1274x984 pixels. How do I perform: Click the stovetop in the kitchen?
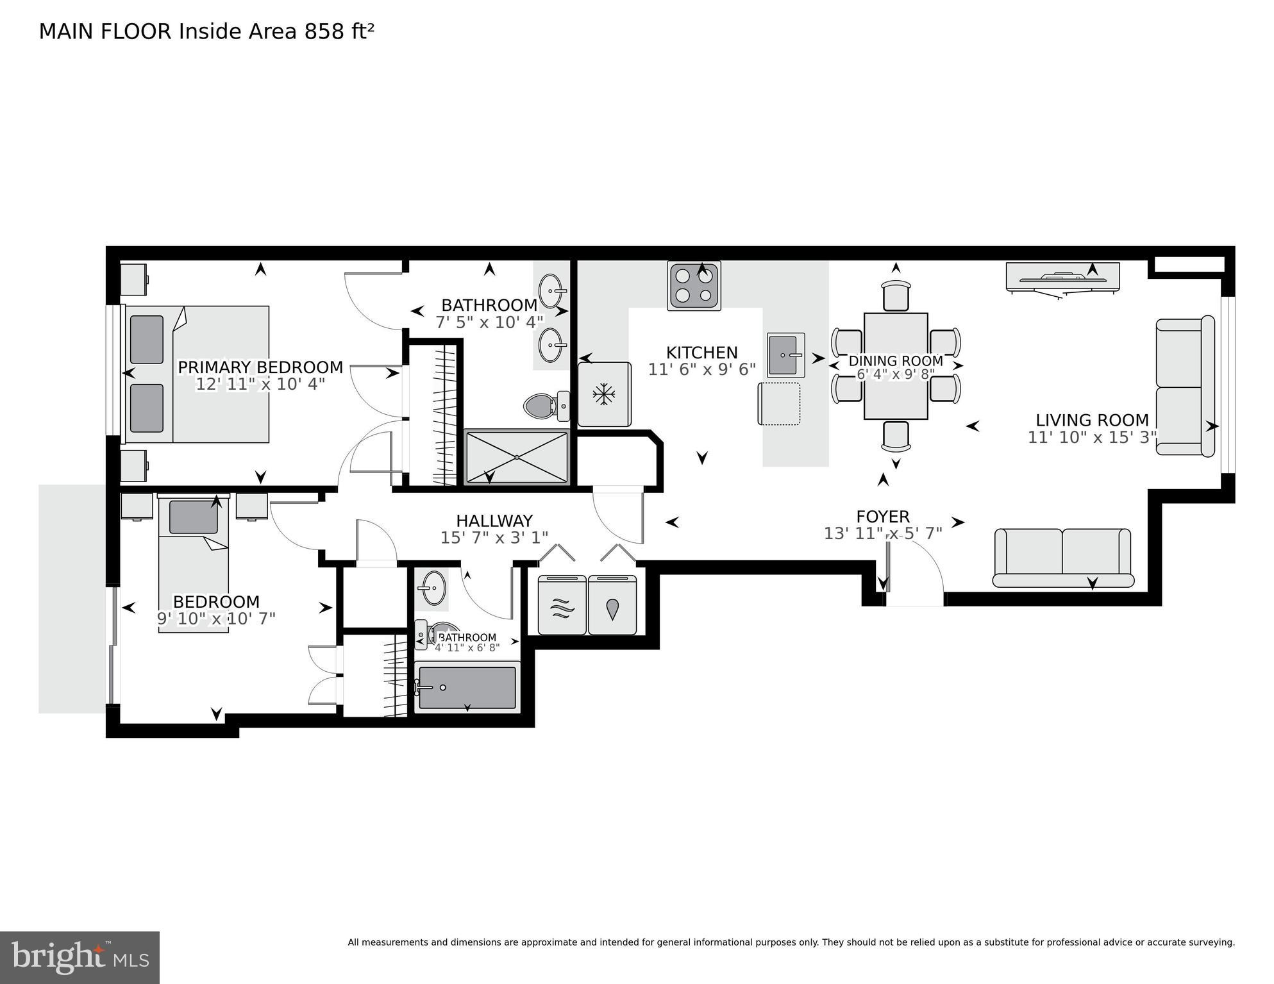click(x=694, y=285)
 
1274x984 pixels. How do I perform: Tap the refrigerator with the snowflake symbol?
click(x=603, y=394)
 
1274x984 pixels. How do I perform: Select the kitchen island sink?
click(x=785, y=354)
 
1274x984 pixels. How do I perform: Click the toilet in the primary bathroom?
click(x=545, y=406)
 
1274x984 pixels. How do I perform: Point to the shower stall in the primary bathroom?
click(x=516, y=457)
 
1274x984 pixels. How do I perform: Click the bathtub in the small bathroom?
click(x=467, y=688)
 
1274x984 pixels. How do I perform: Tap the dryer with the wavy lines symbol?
click(x=562, y=606)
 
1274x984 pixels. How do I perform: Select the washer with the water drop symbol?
click(x=612, y=606)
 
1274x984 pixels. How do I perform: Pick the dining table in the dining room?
click(x=896, y=366)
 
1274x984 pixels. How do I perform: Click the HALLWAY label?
click(x=494, y=521)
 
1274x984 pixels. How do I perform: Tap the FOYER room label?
click(x=883, y=517)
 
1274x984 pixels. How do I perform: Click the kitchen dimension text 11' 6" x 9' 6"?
click(x=701, y=370)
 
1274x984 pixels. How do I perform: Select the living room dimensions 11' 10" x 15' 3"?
click(x=1092, y=437)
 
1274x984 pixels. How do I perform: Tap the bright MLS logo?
click(x=80, y=957)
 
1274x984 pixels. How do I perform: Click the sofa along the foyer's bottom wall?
click(x=1062, y=557)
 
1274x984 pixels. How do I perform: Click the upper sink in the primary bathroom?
click(x=551, y=292)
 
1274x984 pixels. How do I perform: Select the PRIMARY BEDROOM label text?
click(x=260, y=367)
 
